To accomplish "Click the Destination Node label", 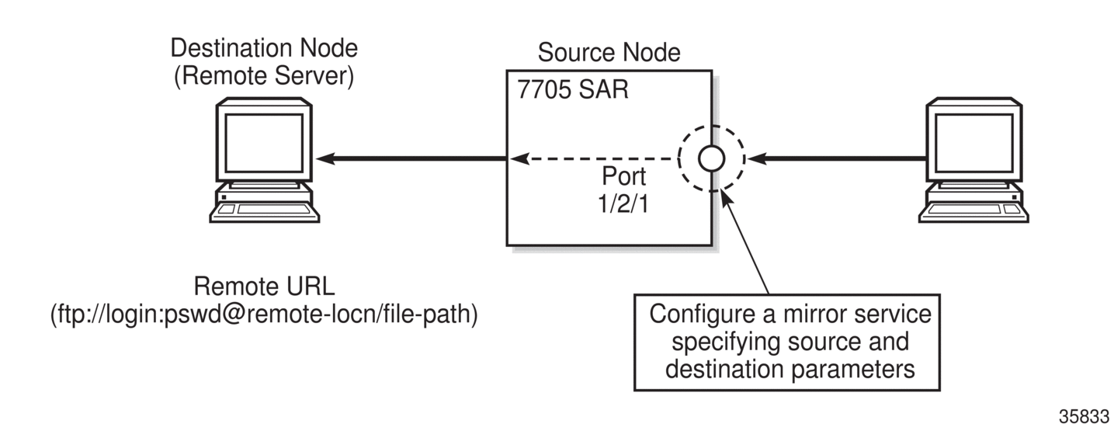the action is pyautogui.click(x=264, y=48).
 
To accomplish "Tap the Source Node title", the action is pyautogui.click(x=609, y=52).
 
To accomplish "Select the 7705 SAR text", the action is pyautogui.click(x=573, y=89).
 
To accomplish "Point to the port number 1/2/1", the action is pyautogui.click(x=623, y=203).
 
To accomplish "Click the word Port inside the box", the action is pyautogui.click(x=623, y=176).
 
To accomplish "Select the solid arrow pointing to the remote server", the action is pyautogui.click(x=411, y=159).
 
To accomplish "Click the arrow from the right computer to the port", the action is pyautogui.click(x=837, y=159).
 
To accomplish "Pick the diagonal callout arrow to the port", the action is pyautogui.click(x=744, y=242).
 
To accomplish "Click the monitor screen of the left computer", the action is pyautogui.click(x=264, y=143).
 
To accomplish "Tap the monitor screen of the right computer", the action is pyautogui.click(x=973, y=143).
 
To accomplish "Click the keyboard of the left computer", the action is pyautogui.click(x=264, y=212).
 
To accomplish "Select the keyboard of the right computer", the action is pyautogui.click(x=973, y=212).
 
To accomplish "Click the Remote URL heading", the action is pyautogui.click(x=264, y=287).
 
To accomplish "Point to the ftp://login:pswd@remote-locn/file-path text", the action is pyautogui.click(x=264, y=315).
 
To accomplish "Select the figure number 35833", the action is pyautogui.click(x=1085, y=417).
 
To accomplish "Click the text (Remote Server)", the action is pyautogui.click(x=264, y=76).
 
